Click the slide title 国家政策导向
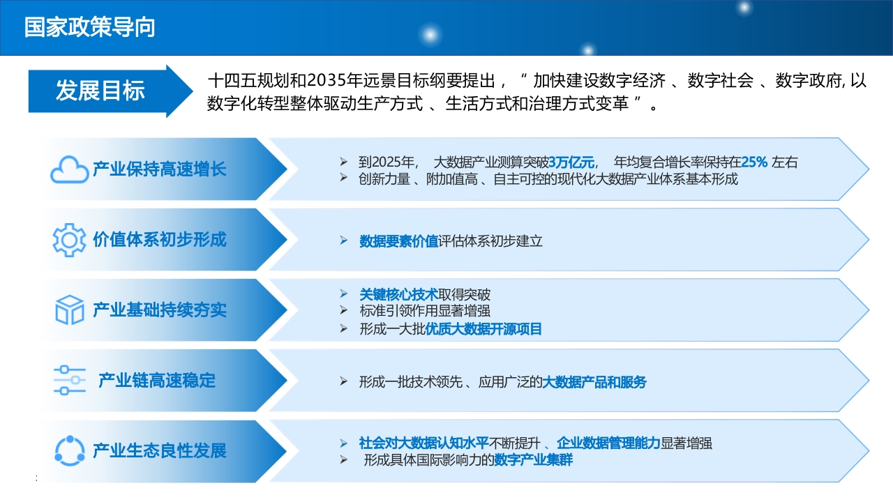click(x=90, y=27)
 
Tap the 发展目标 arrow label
click(x=100, y=91)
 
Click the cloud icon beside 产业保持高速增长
click(x=69, y=169)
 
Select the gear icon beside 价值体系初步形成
click(x=69, y=240)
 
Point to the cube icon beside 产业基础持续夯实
click(x=69, y=310)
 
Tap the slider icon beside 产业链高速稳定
click(x=69, y=381)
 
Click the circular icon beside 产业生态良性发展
click(x=69, y=450)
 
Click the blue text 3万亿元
click(x=571, y=162)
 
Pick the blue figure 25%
click(x=754, y=162)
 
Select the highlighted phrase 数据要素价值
click(x=398, y=241)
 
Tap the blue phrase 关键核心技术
click(x=398, y=295)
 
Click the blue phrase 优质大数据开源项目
click(x=483, y=329)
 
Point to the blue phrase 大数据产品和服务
click(x=594, y=382)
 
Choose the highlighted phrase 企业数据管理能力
click(x=608, y=443)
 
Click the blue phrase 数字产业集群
click(x=534, y=460)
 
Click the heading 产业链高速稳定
click(x=157, y=381)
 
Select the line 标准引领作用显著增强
click(x=425, y=311)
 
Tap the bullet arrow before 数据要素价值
click(x=344, y=241)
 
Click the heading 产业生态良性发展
click(x=160, y=450)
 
